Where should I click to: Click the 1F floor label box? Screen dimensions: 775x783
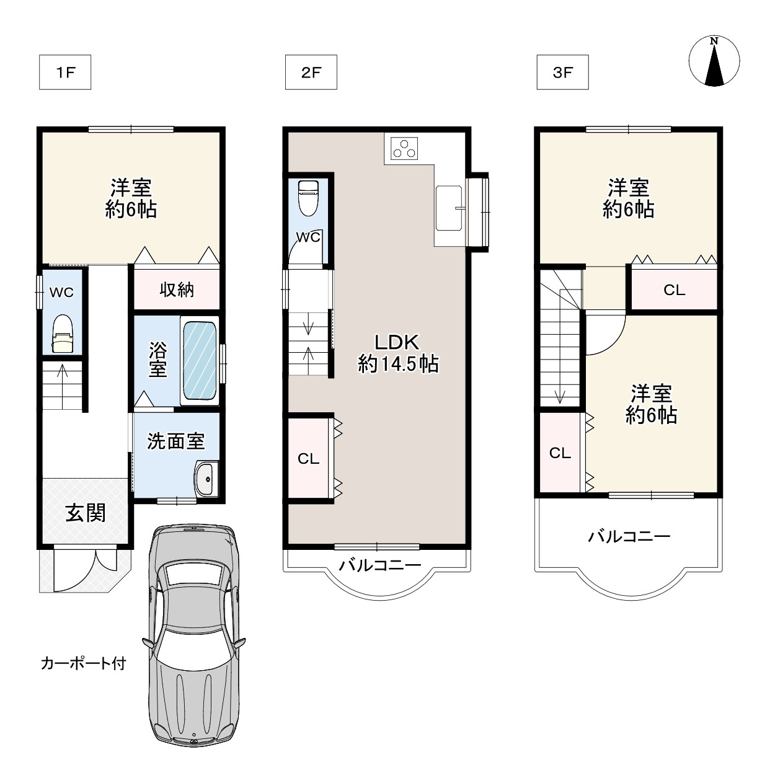tap(65, 73)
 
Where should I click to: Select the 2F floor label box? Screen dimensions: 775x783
tap(311, 73)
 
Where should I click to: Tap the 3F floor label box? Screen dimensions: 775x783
tap(562, 73)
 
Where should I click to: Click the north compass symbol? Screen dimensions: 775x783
tap(714, 61)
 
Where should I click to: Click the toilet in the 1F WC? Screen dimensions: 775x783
tap(62, 333)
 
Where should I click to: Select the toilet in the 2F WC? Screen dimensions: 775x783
tap(308, 198)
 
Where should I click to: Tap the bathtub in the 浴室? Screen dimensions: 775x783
tap(199, 361)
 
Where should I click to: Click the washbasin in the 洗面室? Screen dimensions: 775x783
tap(206, 479)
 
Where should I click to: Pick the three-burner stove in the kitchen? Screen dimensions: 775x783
tap(404, 148)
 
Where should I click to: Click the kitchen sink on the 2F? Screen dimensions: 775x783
tap(449, 208)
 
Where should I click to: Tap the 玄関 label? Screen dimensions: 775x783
tap(86, 513)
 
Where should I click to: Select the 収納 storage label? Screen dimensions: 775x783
tap(177, 290)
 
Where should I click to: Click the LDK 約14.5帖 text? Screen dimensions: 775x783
tap(397, 353)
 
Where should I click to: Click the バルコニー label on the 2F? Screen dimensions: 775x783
tap(379, 565)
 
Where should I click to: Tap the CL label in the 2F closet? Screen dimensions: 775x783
tap(308, 459)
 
